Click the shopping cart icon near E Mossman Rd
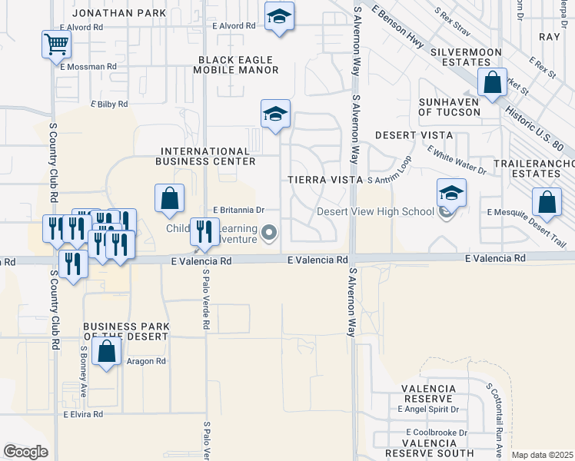click(x=56, y=44)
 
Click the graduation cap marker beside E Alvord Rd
click(x=279, y=17)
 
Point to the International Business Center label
click(x=205, y=156)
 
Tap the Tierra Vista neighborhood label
click(x=324, y=180)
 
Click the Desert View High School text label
click(x=376, y=212)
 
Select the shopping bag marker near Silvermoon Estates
click(x=491, y=83)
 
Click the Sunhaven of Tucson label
click(x=450, y=107)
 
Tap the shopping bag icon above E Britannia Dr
click(x=170, y=198)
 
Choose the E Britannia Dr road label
click(x=238, y=210)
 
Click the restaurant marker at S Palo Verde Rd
click(x=204, y=230)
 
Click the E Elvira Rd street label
click(x=84, y=414)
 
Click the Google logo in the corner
click(x=25, y=452)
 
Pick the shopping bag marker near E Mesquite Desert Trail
click(x=546, y=203)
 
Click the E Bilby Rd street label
click(x=109, y=104)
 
